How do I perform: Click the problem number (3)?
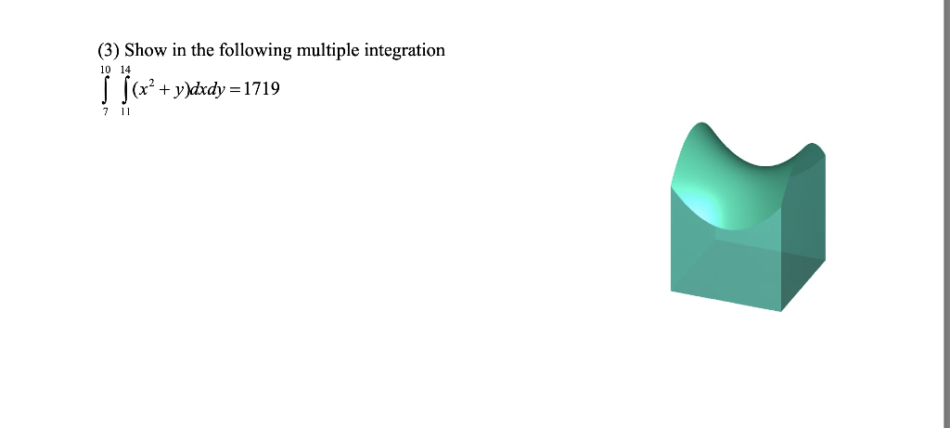(x=109, y=50)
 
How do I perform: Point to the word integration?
(x=406, y=50)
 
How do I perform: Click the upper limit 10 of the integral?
(x=105, y=71)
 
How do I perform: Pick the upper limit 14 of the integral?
(x=125, y=71)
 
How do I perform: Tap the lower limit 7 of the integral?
(x=105, y=111)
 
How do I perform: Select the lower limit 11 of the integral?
(x=125, y=111)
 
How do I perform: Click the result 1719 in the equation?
(x=261, y=90)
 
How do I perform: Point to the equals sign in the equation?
(x=234, y=90)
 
